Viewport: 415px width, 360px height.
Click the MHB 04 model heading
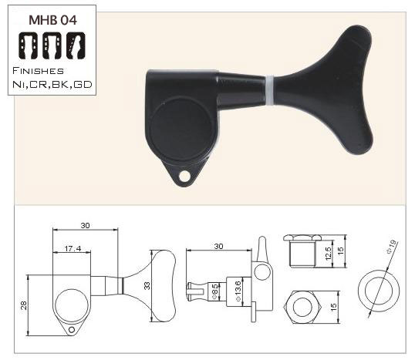tap(52, 20)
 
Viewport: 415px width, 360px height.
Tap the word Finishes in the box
tap(38, 71)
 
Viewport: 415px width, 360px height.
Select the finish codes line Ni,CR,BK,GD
tap(52, 84)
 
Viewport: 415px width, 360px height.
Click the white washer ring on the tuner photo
tap(269, 90)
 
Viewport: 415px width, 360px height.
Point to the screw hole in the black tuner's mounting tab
tap(184, 177)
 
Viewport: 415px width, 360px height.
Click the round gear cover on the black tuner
tap(181, 129)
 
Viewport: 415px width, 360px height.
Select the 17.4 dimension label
tap(73, 248)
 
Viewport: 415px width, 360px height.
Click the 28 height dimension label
tap(24, 305)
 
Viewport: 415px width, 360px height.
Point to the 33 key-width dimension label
tap(147, 286)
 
